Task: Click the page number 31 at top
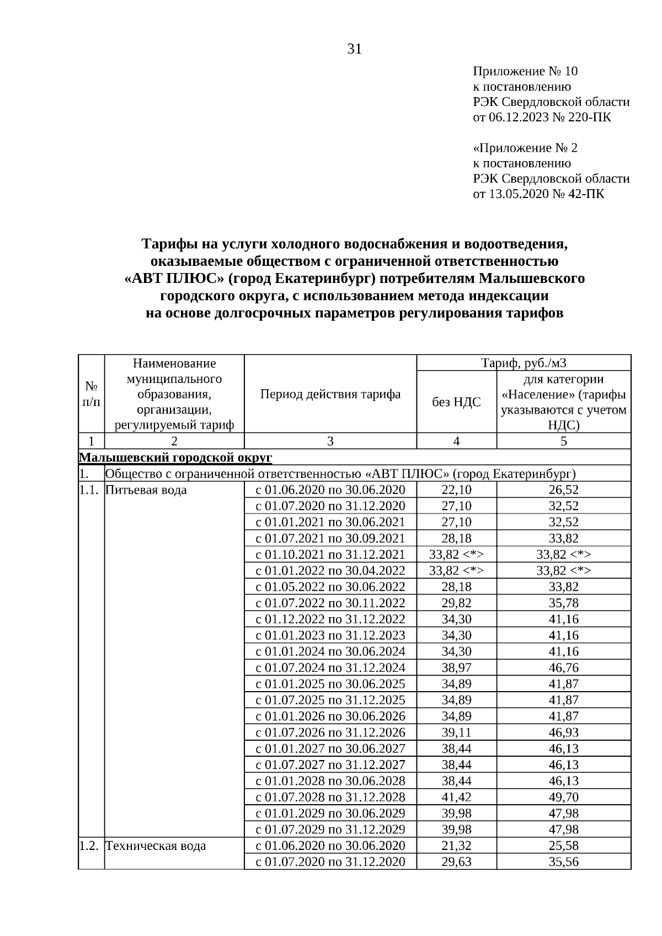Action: [355, 50]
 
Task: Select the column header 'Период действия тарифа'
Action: [330, 394]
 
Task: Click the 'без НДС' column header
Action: [456, 402]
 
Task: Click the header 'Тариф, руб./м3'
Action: [524, 363]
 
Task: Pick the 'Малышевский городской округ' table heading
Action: [175, 458]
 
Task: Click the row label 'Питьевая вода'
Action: [146, 490]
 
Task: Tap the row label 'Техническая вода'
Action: [156, 846]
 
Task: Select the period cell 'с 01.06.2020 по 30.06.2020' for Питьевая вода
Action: [330, 490]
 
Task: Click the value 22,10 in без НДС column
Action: [456, 490]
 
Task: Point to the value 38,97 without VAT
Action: [456, 668]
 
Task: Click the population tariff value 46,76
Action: [563, 668]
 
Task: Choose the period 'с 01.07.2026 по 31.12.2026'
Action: [330, 732]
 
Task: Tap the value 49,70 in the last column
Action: [563, 797]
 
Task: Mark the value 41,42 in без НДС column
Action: [456, 797]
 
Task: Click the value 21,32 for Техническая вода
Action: [456, 846]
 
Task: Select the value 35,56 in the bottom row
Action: [563, 862]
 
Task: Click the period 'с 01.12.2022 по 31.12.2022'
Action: [330, 619]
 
